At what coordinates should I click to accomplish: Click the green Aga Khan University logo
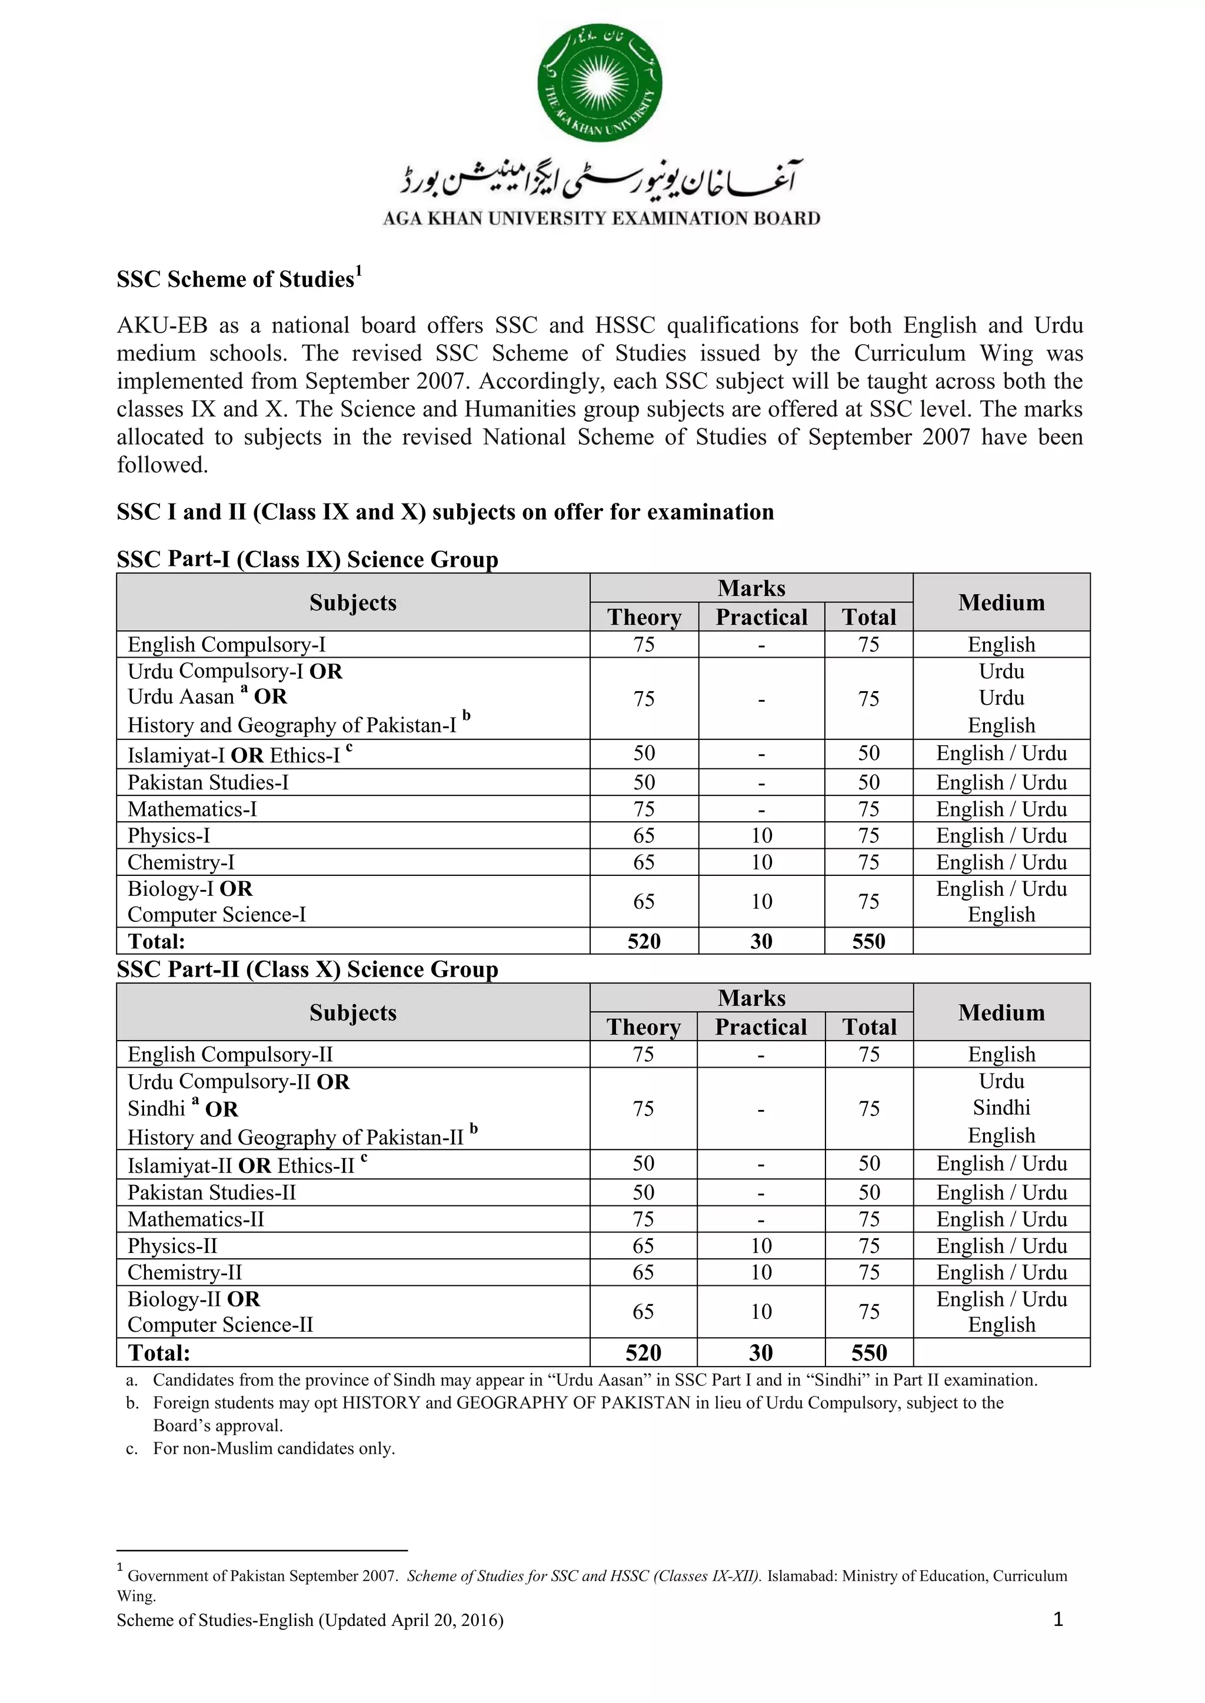tap(600, 82)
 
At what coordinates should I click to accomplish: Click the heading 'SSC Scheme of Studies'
tap(236, 279)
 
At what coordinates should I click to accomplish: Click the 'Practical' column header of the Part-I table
tap(761, 617)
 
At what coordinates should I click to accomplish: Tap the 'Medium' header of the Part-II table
tap(1001, 1012)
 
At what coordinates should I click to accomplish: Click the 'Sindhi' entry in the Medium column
tap(1001, 1108)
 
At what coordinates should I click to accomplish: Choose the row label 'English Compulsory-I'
tap(227, 645)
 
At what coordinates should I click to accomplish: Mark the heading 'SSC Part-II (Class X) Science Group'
tap(307, 969)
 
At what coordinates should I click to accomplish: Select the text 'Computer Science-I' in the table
tap(217, 915)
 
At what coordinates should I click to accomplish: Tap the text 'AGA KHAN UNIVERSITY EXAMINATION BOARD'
tap(601, 218)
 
